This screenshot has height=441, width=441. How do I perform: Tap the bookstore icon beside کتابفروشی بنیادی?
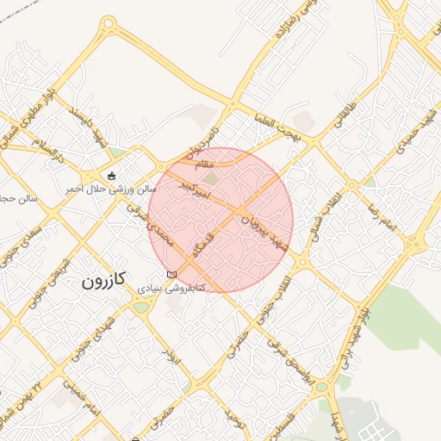tap(171, 274)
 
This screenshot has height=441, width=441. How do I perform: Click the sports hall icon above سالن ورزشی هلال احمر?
tap(112, 176)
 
